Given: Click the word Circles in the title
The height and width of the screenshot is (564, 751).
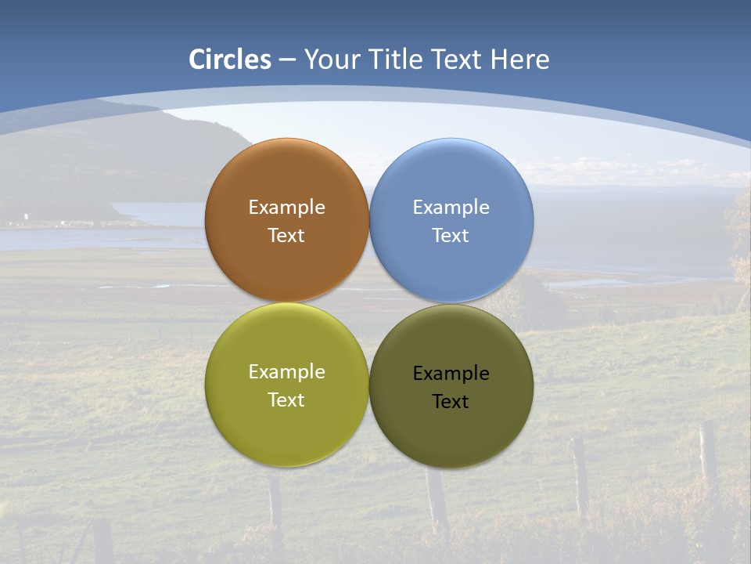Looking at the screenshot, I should pyautogui.click(x=230, y=60).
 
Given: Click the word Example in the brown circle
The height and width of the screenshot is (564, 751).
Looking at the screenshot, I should pyautogui.click(x=286, y=208).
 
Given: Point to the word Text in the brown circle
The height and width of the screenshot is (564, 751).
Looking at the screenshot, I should pyautogui.click(x=286, y=236).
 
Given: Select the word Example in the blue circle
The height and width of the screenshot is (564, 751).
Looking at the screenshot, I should pyautogui.click(x=451, y=208).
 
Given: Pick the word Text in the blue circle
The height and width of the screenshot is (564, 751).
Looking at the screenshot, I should pyautogui.click(x=451, y=236).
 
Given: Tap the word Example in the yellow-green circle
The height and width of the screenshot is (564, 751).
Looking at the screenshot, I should pyautogui.click(x=286, y=372).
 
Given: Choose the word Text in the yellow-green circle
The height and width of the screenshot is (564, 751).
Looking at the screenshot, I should pyautogui.click(x=286, y=400).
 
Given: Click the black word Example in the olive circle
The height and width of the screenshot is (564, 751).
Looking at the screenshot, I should pyautogui.click(x=451, y=374).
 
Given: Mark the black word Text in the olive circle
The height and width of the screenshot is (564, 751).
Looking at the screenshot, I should pyautogui.click(x=451, y=402).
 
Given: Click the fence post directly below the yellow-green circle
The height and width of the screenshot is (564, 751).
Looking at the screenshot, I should pyautogui.click(x=275, y=505).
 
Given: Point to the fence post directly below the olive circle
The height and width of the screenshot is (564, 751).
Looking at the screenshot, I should pyautogui.click(x=437, y=501).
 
